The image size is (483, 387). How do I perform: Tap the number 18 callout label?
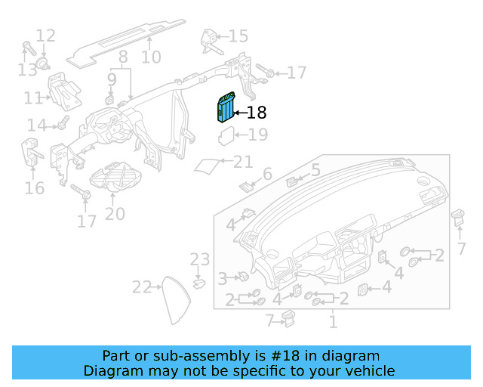point(257,113)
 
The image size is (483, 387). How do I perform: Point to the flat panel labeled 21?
point(208,165)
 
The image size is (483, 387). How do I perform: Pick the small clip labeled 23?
point(199,283)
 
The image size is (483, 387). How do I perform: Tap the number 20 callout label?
point(115,214)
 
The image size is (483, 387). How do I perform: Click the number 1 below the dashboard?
point(332,323)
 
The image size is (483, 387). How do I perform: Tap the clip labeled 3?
point(242,278)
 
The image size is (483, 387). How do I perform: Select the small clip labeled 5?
point(293,181)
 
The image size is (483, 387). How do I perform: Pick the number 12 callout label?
point(45,36)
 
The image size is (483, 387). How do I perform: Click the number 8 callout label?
point(122,57)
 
